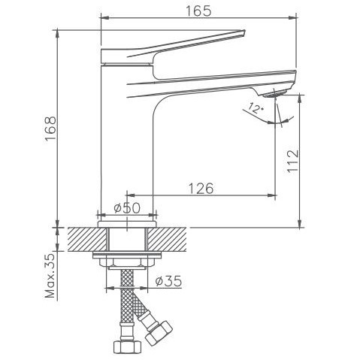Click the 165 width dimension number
pos(199,10)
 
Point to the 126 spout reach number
pos(198,188)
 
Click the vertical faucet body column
pos(126,150)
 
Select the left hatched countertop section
pos(81,239)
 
